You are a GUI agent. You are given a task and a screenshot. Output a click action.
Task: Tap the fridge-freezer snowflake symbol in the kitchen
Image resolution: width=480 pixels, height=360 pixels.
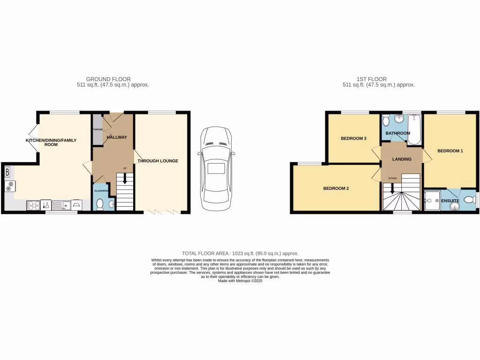click(x=8, y=186)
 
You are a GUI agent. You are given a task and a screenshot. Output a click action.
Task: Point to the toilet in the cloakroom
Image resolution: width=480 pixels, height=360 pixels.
click(x=99, y=203)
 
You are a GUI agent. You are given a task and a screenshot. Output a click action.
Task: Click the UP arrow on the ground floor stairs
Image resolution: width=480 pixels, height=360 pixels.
click(x=125, y=178)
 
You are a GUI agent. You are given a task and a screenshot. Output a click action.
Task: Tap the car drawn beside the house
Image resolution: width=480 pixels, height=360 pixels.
click(x=216, y=169)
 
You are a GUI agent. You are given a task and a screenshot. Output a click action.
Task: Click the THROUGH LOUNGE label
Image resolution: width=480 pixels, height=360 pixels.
click(x=157, y=161)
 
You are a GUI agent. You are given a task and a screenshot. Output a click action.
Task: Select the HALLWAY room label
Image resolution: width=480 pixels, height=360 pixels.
click(x=117, y=137)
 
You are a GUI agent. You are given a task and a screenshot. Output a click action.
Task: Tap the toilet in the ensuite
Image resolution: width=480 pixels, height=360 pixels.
click(x=468, y=200)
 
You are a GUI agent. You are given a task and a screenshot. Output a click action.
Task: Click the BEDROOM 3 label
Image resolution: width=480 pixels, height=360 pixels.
click(x=353, y=139)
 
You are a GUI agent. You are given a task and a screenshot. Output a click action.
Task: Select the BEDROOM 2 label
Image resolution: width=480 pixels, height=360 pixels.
click(x=336, y=188)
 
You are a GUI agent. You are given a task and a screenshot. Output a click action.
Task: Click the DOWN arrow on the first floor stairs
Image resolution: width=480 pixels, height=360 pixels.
click(x=392, y=188)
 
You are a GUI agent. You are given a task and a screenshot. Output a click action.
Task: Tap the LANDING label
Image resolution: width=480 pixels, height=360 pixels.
click(x=402, y=159)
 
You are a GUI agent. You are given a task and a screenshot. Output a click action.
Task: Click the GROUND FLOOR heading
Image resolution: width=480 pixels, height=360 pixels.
click(x=108, y=79)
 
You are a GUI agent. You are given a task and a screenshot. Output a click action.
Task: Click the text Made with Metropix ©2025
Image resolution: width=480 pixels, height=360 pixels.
click(x=240, y=281)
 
